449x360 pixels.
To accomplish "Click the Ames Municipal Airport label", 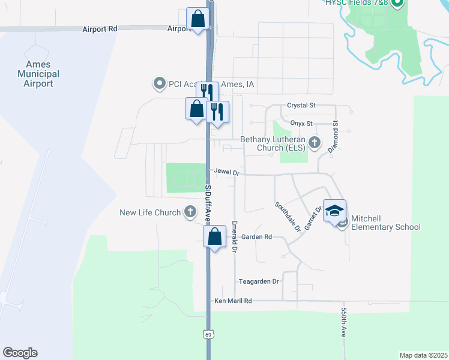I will point(39,74).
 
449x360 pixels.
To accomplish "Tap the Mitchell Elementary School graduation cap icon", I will point(334,211).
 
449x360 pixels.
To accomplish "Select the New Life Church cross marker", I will point(190,212).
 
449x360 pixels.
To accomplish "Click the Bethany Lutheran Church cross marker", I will point(315,143).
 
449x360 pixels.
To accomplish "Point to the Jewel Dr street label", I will point(227,173).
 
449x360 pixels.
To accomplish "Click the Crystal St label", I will point(301,105).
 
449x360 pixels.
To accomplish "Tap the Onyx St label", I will point(301,124).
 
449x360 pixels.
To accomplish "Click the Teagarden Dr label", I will point(259,281).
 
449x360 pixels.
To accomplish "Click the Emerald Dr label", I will point(235,236).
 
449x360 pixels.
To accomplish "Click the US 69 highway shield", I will point(208,333).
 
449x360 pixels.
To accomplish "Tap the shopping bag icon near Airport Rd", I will point(197,19).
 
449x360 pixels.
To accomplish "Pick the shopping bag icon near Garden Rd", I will point(215,236).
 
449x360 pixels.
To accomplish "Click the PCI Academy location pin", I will point(159,84).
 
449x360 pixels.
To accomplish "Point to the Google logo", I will point(20,353).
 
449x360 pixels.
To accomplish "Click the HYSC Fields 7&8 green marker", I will point(396,4).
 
